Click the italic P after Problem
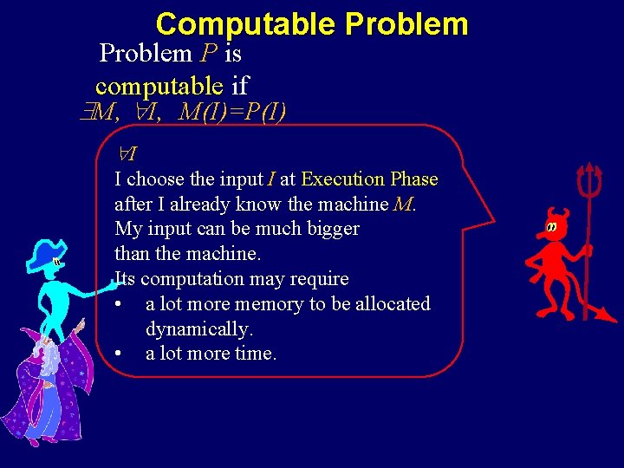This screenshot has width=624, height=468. click(x=208, y=54)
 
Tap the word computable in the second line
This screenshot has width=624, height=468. click(x=159, y=86)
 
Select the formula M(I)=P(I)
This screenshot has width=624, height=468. click(x=233, y=112)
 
